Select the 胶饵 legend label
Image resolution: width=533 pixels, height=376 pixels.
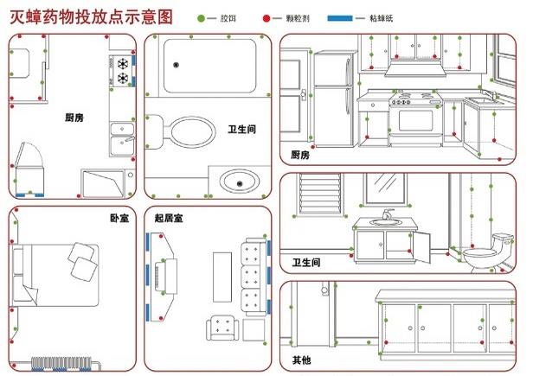pos(227,17)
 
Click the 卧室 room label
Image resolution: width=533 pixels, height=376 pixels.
pos(119,218)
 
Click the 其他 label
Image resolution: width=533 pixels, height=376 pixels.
pos(301,360)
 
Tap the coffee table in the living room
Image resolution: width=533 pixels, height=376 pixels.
pos(222,277)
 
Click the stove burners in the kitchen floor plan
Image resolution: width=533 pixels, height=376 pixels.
pos(123,70)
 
